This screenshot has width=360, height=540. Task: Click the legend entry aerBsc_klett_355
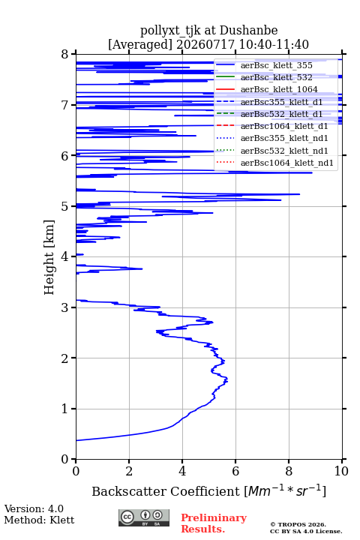point(276,65)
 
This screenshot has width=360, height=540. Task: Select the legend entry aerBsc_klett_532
point(276,77)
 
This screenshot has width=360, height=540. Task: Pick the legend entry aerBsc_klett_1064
point(279,89)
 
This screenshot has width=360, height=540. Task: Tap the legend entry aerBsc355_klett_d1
point(281,102)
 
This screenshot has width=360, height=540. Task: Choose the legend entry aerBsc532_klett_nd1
point(284,151)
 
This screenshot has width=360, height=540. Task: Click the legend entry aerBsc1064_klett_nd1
point(287,163)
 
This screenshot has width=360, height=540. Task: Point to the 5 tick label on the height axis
point(64,206)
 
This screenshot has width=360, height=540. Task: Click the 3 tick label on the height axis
point(64,307)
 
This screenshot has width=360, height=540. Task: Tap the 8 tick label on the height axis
point(64,54)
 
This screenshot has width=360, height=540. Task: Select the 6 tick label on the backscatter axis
point(235,471)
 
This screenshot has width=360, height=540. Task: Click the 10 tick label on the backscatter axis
point(341,471)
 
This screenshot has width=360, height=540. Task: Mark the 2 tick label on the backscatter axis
point(129,471)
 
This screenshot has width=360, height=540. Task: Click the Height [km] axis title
point(49,257)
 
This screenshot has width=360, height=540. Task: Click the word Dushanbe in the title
point(248,30)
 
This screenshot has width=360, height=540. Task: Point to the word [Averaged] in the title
point(139,44)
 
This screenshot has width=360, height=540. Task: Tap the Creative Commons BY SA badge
point(144,518)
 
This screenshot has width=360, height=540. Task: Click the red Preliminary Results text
point(214,523)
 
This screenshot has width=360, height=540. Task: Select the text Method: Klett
point(39,520)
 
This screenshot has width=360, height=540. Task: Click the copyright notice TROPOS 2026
point(298,524)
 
